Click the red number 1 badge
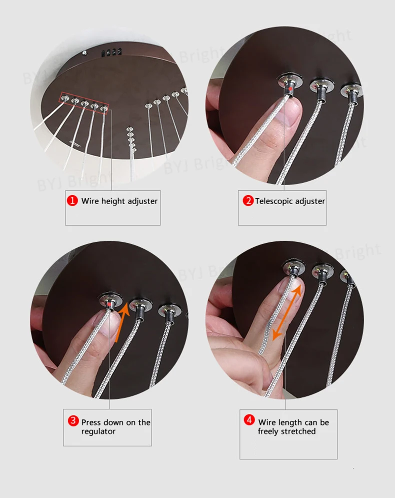(x=72, y=201)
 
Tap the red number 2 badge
(x=248, y=201)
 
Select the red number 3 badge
(x=73, y=421)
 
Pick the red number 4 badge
(x=249, y=420)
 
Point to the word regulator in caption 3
(x=98, y=431)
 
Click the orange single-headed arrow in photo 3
(x=122, y=322)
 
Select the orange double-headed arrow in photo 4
(x=287, y=312)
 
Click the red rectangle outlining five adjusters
(x=84, y=103)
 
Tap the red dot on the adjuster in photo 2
(x=290, y=89)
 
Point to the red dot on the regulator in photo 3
(x=109, y=305)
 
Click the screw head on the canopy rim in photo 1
(x=84, y=53)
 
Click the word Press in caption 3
(x=90, y=422)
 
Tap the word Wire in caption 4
(x=267, y=422)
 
